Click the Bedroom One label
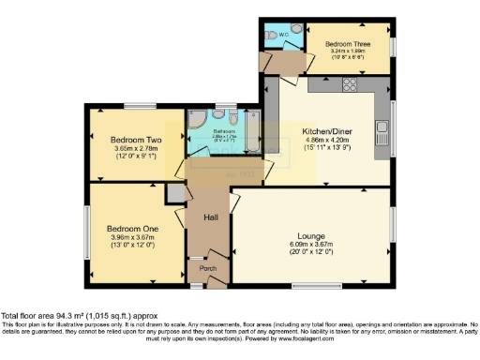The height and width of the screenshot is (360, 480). coord(131,229)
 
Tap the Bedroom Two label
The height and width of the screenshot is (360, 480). coord(130,139)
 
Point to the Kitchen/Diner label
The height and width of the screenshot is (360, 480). coord(328,131)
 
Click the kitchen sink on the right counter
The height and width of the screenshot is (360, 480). coord(382,127)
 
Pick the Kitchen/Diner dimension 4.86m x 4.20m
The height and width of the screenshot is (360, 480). coord(328,142)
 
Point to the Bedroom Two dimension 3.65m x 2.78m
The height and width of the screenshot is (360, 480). coord(130,148)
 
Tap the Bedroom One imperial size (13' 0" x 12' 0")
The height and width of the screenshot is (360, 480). coord(131,246)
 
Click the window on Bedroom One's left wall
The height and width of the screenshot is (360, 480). coord(88,232)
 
